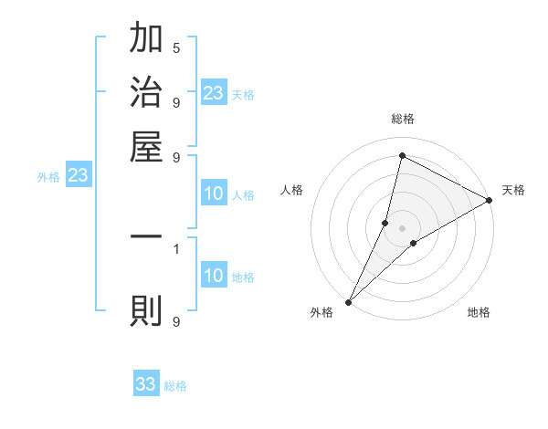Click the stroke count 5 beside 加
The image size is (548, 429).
176,47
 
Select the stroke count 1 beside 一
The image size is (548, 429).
176,247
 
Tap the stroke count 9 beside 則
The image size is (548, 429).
176,321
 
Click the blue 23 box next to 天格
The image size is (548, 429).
214,93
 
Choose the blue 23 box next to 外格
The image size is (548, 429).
78,175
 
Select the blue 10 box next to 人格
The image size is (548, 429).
214,194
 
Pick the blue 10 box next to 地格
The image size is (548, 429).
214,276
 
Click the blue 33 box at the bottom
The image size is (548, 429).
146,384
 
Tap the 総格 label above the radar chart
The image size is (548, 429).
403,119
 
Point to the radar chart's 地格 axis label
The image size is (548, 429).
479,313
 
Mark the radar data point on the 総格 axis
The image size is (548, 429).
402,155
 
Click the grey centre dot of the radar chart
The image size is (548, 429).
403,228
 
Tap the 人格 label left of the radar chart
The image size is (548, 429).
291,190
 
